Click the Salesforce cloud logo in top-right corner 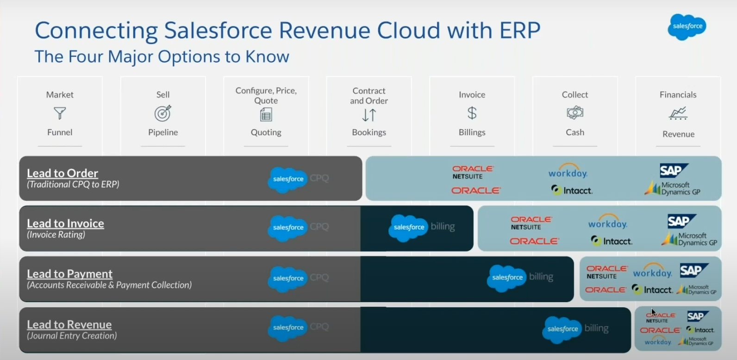point(687,26)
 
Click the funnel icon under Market point(60,113)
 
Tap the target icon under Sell point(163,113)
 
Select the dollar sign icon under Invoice point(472,113)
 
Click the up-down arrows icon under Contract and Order point(369,115)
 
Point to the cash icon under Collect point(575,112)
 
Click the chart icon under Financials point(678,113)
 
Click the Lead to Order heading point(62,173)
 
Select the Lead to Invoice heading point(65,223)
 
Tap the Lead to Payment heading point(69,274)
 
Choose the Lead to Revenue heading point(69,324)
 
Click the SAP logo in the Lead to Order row point(674,171)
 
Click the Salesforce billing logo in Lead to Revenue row point(575,329)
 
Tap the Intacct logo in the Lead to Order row point(572,190)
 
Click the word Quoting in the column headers point(266,132)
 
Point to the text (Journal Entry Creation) point(72,336)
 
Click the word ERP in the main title point(513,31)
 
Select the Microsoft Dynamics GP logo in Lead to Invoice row point(689,239)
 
